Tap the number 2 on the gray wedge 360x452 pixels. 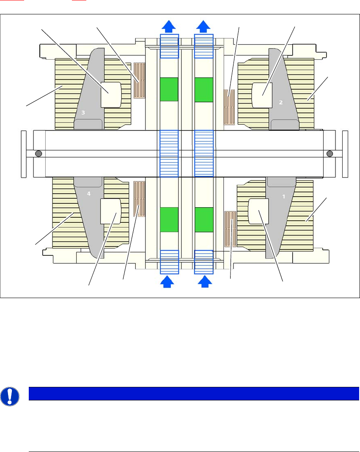click(x=280, y=102)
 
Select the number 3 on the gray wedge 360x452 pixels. click(x=83, y=112)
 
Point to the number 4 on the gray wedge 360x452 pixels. click(x=89, y=193)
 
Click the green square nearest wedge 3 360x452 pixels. click(x=169, y=89)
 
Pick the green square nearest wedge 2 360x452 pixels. click(x=203, y=89)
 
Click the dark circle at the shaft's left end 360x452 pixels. click(x=38, y=153)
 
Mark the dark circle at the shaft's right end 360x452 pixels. click(x=330, y=153)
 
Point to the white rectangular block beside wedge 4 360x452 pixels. click(x=110, y=211)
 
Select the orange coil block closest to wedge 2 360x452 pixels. click(x=229, y=107)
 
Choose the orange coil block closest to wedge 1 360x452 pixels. click(x=230, y=228)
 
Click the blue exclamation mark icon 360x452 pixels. click(x=10, y=396)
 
